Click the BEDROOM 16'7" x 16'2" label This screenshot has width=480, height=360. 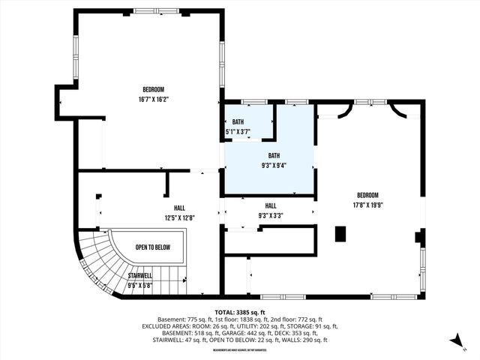tap(153, 94)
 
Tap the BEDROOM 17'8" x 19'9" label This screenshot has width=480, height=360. tap(367, 199)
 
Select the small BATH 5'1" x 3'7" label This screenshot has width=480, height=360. tap(238, 127)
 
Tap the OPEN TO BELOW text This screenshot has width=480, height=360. tap(153, 247)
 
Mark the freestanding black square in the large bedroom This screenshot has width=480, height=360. tap(340, 233)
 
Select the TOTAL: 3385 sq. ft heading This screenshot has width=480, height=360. tap(241, 313)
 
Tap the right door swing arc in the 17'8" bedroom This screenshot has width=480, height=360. tap(397, 112)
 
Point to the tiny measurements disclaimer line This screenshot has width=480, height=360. tap(240, 349)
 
